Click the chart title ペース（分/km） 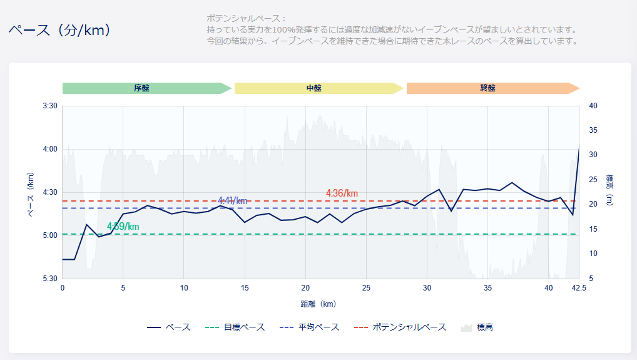pyautogui.click(x=60, y=30)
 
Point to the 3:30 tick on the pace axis pyautogui.click(x=50, y=106)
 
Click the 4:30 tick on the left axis pyautogui.click(x=50, y=192)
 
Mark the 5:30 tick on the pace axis pyautogui.click(x=50, y=279)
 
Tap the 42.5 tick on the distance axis pyautogui.click(x=579, y=288)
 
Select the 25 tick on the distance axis pyautogui.click(x=366, y=288)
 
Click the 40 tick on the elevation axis pyautogui.click(x=594, y=106)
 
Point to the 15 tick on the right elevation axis pyautogui.click(x=594, y=229)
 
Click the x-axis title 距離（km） pyautogui.click(x=318, y=304)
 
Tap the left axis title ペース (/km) pyautogui.click(x=30, y=194)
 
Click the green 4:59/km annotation pyautogui.click(x=123, y=226)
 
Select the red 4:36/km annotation pyautogui.click(x=342, y=193)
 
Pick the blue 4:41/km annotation pyautogui.click(x=233, y=200)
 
